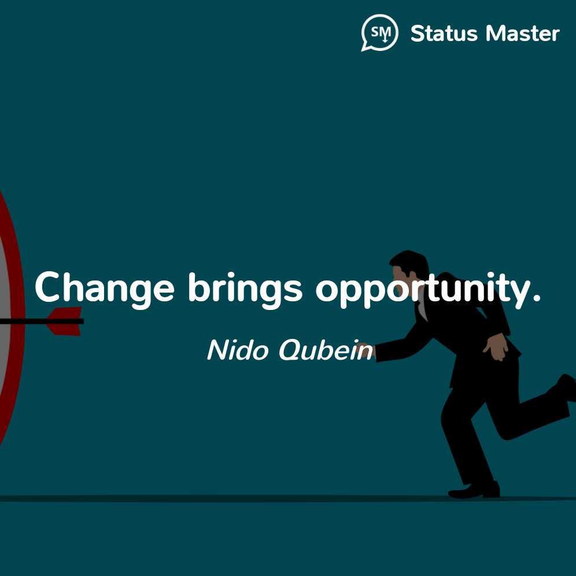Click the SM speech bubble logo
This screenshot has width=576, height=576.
[379, 32]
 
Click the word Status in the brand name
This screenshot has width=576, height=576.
[444, 34]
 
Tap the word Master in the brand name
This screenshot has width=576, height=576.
[523, 34]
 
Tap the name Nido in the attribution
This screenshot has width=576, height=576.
[237, 350]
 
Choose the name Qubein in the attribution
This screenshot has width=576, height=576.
[326, 350]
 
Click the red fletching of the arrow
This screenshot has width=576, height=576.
[66, 322]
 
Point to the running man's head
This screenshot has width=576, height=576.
[408, 267]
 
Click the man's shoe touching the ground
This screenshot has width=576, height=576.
[474, 490]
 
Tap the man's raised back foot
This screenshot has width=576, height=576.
[566, 386]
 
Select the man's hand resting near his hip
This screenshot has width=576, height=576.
[496, 346]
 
